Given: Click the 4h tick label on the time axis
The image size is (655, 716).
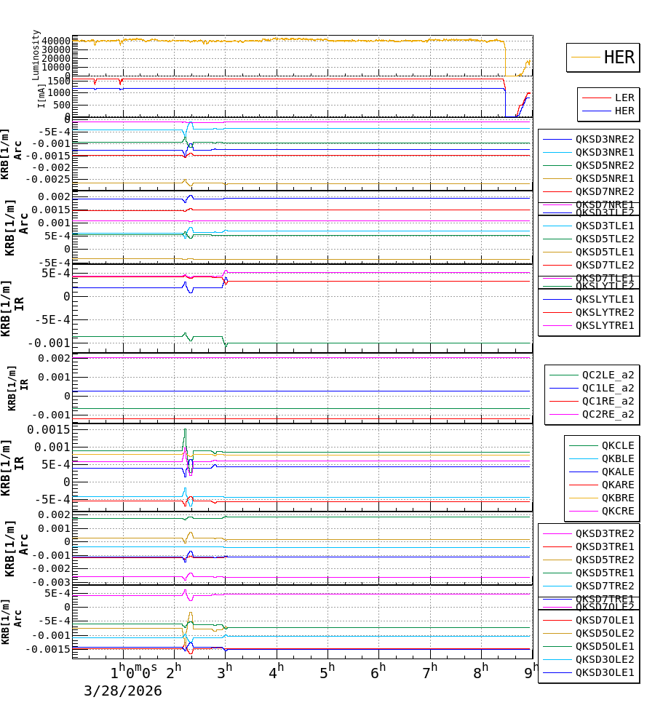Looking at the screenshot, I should coord(277,672).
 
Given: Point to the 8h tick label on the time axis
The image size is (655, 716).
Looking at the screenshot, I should coord(481,672).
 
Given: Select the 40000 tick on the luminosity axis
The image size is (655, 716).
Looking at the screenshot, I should coord(55,41).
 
